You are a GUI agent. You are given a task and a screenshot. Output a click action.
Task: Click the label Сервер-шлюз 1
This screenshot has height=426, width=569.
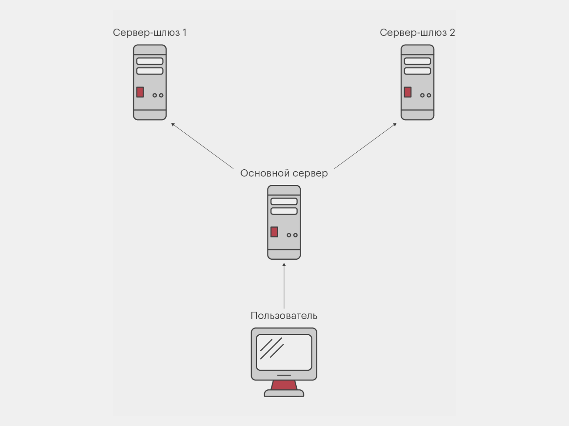[150, 32]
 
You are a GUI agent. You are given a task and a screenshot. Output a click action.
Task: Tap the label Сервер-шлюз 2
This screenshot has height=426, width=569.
[417, 32]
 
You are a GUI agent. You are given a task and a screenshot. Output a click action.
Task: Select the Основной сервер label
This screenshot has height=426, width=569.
[284, 173]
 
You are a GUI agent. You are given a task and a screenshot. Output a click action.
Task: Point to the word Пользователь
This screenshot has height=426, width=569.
[284, 316]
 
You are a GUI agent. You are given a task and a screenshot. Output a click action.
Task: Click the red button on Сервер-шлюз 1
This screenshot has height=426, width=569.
[140, 92]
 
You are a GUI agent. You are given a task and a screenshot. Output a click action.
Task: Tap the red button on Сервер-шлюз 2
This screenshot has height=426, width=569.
[408, 92]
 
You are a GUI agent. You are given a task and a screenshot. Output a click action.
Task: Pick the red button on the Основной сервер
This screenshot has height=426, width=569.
[274, 232]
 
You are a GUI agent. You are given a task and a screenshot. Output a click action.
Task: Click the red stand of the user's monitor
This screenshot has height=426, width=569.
[284, 385]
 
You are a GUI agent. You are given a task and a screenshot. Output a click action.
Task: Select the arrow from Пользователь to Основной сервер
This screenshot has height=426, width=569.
[284, 286]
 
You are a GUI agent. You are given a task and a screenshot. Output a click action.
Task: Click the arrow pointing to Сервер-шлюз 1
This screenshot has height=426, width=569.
[202, 146]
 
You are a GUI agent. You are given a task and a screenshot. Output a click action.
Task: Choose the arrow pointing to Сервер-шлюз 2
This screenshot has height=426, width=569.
[365, 146]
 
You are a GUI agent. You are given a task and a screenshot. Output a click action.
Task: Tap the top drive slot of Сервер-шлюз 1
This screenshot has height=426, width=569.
[150, 61]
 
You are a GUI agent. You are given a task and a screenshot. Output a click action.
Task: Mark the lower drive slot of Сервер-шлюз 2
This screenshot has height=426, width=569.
[417, 71]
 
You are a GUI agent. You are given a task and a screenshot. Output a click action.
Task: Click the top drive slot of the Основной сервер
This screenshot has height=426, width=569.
[284, 201]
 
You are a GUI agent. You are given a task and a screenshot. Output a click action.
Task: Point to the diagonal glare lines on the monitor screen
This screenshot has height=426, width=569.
[272, 348]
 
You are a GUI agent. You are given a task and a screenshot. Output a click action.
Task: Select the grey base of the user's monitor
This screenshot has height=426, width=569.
[284, 394]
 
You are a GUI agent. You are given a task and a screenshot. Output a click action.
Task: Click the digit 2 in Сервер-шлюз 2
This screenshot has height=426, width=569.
[452, 32]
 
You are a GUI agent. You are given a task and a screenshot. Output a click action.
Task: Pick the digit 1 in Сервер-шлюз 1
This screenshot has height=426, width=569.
[184, 32]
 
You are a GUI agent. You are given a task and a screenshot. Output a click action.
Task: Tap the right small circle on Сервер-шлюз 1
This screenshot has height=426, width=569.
[161, 96]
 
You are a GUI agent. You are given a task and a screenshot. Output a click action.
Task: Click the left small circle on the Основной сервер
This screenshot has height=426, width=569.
[289, 235]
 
